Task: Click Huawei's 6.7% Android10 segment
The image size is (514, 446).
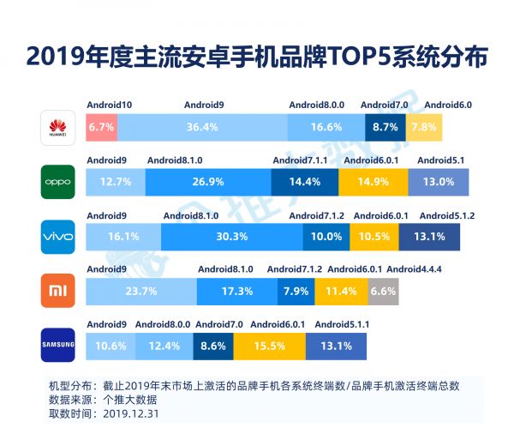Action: point(101,127)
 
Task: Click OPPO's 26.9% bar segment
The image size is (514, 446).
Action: point(208,182)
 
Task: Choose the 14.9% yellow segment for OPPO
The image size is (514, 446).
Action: point(373,182)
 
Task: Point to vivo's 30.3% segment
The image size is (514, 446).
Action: point(230,237)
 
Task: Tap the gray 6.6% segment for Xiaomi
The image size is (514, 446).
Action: point(383,292)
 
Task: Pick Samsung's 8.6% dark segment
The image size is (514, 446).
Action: point(213,346)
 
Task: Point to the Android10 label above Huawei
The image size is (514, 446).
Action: point(109,105)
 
